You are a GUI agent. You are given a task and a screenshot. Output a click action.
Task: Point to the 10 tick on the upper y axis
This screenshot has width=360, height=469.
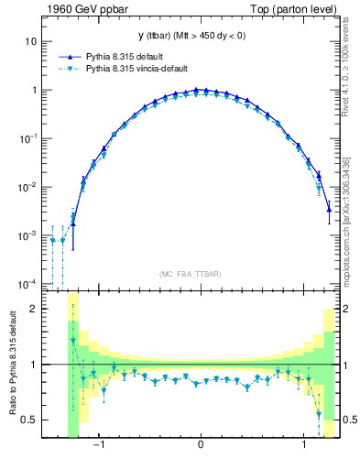pyautogui.click(x=31, y=42)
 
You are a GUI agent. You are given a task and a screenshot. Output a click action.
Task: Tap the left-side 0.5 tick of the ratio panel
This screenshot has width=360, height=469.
pyautogui.click(x=30, y=420)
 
